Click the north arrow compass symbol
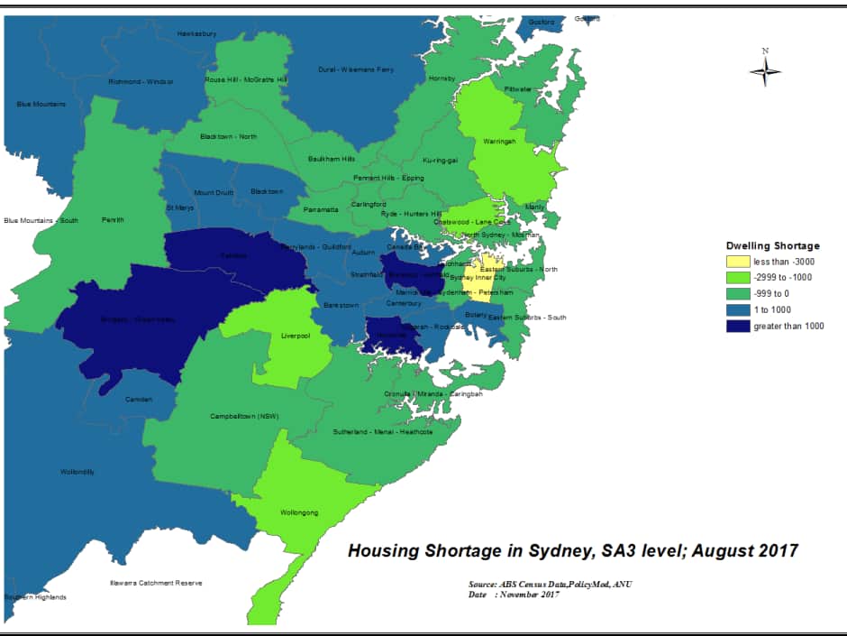pyautogui.click(x=765, y=69)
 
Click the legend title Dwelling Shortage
pyautogui.click(x=773, y=244)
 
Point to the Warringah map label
pyautogui.click(x=498, y=141)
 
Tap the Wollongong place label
pyautogui.click(x=300, y=512)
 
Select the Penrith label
pyautogui.click(x=114, y=219)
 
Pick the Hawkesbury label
pyautogui.click(x=196, y=33)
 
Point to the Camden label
pyautogui.click(x=139, y=399)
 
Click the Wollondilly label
pyautogui.click(x=77, y=472)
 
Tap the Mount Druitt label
pyautogui.click(x=213, y=192)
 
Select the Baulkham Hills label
pyautogui.click(x=332, y=159)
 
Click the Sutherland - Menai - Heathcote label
pyautogui.click(x=383, y=432)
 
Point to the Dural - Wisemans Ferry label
pyautogui.click(x=356, y=69)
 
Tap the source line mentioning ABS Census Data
pyautogui.click(x=551, y=585)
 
